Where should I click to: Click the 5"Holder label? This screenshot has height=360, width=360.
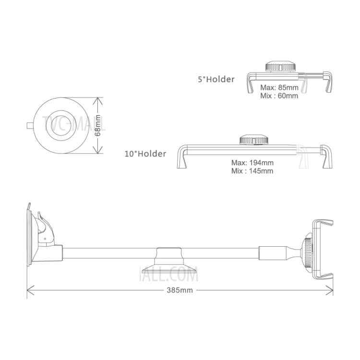(216, 79)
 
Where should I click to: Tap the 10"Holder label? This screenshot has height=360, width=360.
(145, 154)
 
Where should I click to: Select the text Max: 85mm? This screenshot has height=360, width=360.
(279, 87)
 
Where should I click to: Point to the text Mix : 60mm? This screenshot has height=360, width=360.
(279, 96)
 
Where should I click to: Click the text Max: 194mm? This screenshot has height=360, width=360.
(252, 163)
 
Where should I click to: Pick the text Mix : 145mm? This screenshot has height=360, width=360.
(252, 171)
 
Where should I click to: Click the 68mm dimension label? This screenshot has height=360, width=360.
(98, 125)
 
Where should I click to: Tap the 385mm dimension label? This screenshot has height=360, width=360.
(180, 290)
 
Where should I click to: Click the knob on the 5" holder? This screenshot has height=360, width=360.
(280, 66)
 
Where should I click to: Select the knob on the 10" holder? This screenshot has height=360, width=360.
(254, 139)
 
